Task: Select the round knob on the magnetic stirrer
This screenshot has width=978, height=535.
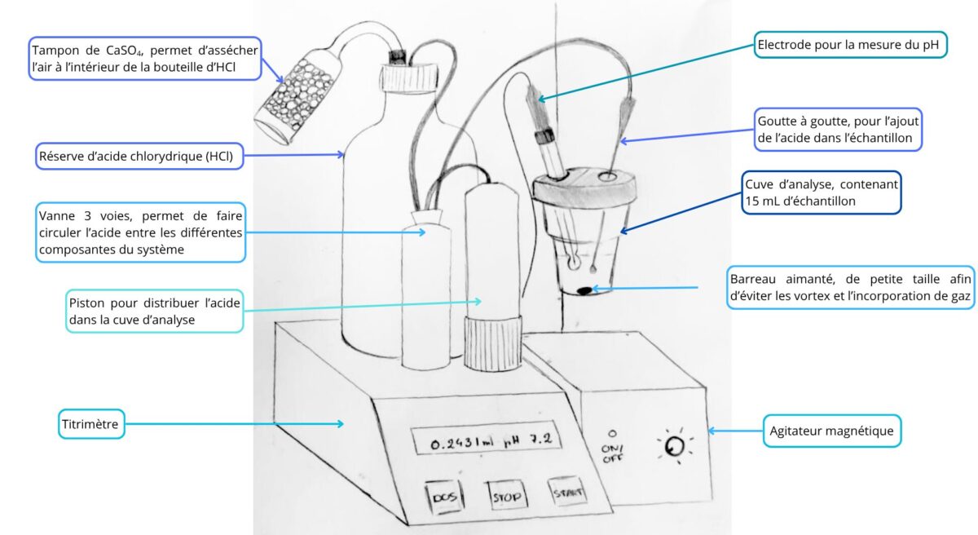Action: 673,447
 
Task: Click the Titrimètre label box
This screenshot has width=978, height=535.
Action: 91,424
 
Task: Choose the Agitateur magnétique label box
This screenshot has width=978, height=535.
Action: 832,430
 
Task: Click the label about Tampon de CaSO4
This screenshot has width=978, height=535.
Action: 144,58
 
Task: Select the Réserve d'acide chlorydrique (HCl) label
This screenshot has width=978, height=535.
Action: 140,155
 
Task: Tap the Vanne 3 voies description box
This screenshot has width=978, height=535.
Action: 140,232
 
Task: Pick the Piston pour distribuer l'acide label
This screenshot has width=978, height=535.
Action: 155,309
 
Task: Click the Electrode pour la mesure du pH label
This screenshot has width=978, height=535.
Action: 850,45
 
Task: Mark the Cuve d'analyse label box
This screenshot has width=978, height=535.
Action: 821,192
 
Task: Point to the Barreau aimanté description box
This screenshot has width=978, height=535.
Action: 850,286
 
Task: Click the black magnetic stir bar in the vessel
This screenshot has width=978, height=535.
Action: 584,290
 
